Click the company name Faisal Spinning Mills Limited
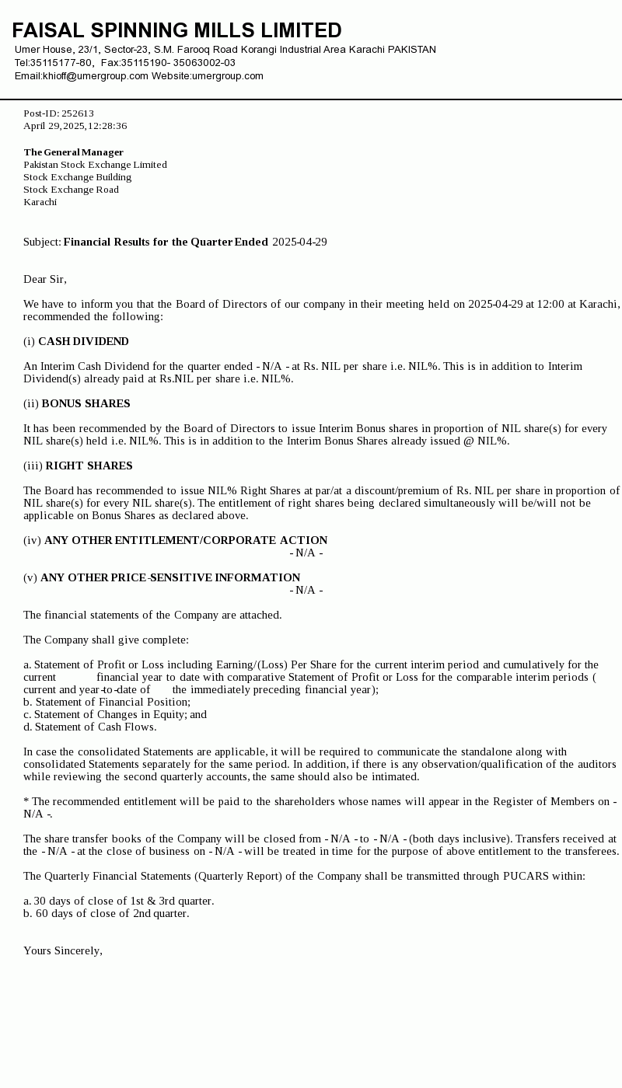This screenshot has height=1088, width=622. tap(177, 30)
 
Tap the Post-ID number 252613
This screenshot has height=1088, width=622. tap(77, 113)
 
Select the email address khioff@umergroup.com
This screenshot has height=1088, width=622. tap(96, 76)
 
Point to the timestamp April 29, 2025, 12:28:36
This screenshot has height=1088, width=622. tap(75, 126)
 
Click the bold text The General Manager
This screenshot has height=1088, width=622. tap(73, 152)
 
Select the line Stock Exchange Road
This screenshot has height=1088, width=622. tap(71, 190)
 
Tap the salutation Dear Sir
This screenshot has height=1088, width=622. tap(44, 279)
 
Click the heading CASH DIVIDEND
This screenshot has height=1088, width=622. tap(83, 341)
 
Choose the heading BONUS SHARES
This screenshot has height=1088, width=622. tap(86, 403)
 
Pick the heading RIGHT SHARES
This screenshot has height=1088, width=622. tap(89, 466)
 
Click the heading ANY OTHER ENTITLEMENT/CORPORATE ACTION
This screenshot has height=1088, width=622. tap(186, 540)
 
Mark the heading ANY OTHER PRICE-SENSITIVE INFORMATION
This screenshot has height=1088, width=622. tap(170, 577)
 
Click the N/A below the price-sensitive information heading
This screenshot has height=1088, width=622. tap(306, 590)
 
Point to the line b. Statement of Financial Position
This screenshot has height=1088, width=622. tap(107, 702)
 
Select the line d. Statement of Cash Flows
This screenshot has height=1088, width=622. tap(89, 727)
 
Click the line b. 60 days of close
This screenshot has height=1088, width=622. tap(106, 913)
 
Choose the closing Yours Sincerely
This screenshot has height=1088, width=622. tap(62, 950)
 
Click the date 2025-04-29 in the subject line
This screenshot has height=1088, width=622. tap(299, 242)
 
